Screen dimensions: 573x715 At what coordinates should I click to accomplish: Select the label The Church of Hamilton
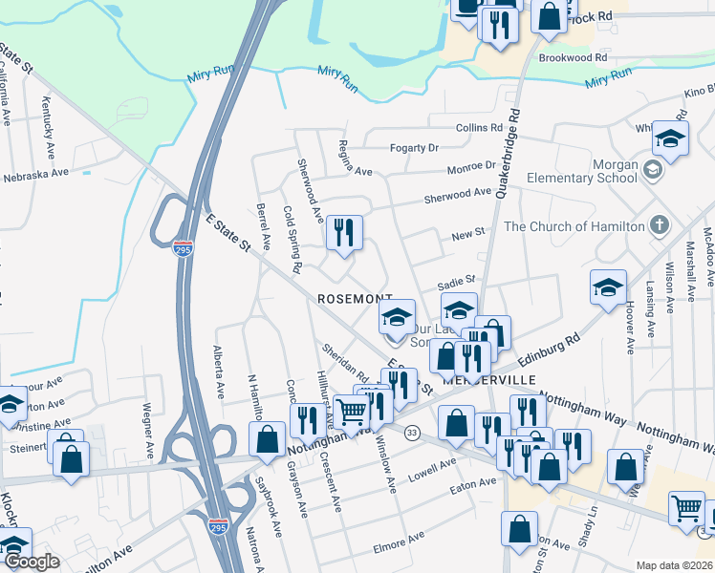coord(574,226)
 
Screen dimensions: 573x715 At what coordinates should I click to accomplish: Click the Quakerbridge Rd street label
coord(509,153)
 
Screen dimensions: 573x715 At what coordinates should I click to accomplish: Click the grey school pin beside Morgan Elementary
coord(654,171)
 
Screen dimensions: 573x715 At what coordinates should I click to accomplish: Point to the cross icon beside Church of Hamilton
coord(659,226)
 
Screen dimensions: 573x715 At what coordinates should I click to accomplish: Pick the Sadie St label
coord(456,281)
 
